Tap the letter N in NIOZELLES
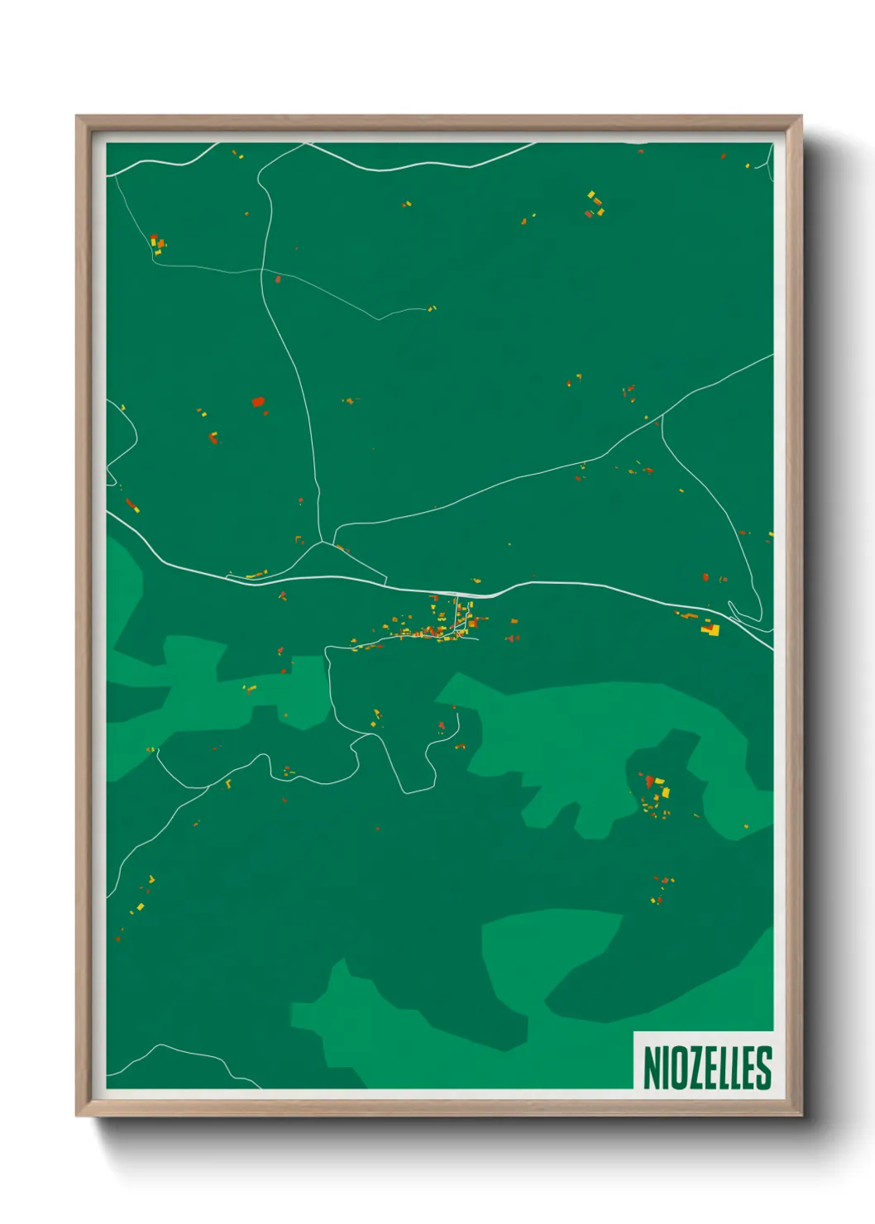tap(652, 1068)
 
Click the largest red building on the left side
tap(258, 402)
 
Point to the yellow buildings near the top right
tap(595, 203)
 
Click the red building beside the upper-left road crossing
tap(278, 280)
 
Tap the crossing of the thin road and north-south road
tap(263, 270)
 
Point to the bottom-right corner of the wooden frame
tap(801, 1115)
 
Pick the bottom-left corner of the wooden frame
tap(78, 1115)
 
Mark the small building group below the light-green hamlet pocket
tap(661, 889)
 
